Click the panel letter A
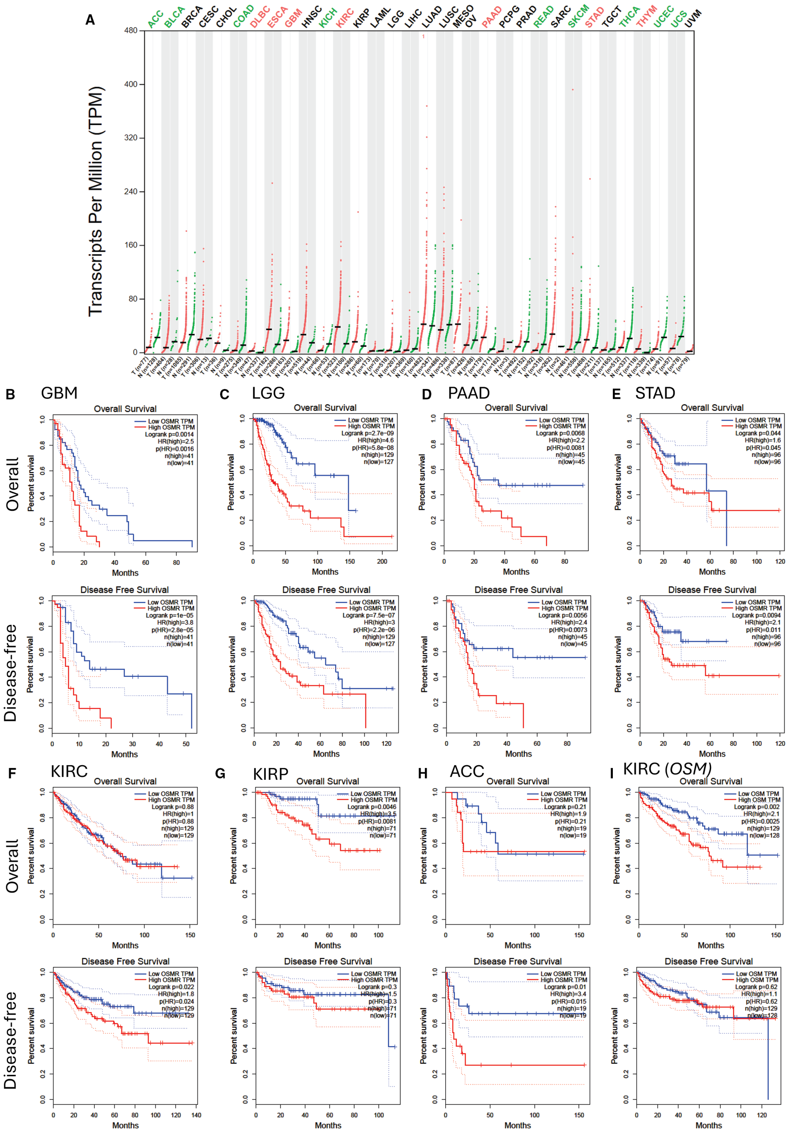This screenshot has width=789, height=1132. coord(90,20)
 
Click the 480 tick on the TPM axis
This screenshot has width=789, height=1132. coord(131,31)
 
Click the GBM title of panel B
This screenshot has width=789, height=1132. coord(59,393)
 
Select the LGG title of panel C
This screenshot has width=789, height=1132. coord(268,393)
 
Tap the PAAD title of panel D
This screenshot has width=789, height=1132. coord(468,393)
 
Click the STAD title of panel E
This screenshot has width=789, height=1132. coord(655,393)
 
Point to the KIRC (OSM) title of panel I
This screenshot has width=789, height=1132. coord(667,769)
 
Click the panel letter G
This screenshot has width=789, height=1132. coord(221,773)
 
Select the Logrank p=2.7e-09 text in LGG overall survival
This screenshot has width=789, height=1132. coord(367,433)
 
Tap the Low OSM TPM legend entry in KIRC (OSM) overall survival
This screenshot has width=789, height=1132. coord(758,794)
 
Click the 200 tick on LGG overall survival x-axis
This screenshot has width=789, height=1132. coord(382,561)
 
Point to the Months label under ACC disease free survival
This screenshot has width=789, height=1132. coord(517,1125)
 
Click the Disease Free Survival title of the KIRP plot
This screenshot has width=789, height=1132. coord(328,961)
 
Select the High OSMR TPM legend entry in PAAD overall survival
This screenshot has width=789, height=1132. coord(562,426)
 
